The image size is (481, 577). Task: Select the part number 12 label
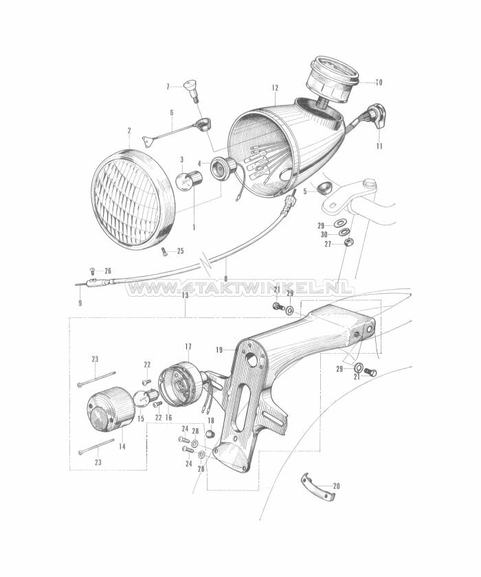click(x=275, y=88)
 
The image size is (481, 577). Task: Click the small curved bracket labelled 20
click(x=317, y=488)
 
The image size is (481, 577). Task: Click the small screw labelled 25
click(x=164, y=251)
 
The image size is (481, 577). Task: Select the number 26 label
click(x=107, y=271)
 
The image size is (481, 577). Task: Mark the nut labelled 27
click(x=348, y=244)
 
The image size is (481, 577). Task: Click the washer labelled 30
click(x=344, y=234)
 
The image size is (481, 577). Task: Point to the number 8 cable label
click(x=225, y=278)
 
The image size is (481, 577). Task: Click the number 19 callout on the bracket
click(x=219, y=350)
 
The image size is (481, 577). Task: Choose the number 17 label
click(x=188, y=347)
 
